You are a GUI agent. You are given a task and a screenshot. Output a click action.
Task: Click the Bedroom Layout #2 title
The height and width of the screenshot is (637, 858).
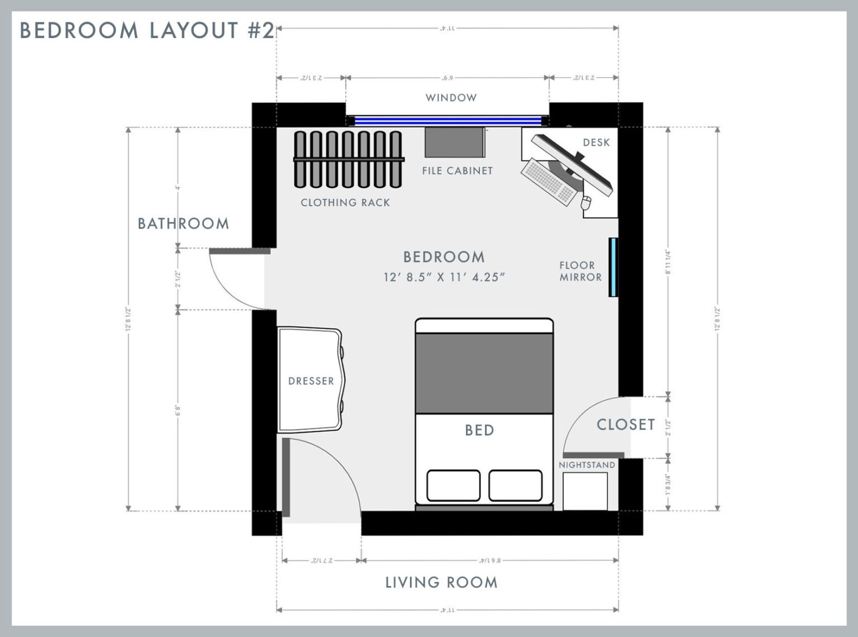(x=147, y=30)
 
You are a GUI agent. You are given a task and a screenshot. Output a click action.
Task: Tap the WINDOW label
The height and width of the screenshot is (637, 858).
(x=451, y=98)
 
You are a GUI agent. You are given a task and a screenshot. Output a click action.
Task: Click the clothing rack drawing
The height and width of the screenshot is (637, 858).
(x=348, y=159)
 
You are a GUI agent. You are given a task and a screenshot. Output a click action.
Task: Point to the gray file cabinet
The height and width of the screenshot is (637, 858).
(x=454, y=143)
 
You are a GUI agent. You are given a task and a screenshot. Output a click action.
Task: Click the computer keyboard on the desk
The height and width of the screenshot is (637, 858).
(x=548, y=182)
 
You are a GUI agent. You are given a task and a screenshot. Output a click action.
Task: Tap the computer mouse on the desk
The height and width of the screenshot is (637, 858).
(x=586, y=202)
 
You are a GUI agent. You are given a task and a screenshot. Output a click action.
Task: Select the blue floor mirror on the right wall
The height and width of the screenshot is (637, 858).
(x=613, y=267)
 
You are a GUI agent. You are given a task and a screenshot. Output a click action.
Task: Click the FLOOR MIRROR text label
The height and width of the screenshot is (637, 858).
(x=580, y=271)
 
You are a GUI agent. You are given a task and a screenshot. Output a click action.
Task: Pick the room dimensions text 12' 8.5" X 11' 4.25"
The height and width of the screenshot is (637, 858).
(x=444, y=277)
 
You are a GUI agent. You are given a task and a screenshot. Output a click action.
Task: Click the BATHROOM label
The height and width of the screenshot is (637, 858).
(x=183, y=224)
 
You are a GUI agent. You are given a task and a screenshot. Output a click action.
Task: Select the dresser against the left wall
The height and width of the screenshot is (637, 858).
(x=311, y=380)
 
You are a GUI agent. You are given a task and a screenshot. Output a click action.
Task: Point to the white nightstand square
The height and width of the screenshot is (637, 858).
(x=585, y=491)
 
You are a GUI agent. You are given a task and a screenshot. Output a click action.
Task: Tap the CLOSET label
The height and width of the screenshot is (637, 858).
(x=626, y=425)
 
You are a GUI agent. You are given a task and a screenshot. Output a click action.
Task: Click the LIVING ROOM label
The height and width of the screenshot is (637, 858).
(x=441, y=582)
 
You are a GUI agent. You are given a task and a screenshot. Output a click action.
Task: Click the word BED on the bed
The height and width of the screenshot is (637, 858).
(x=479, y=430)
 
